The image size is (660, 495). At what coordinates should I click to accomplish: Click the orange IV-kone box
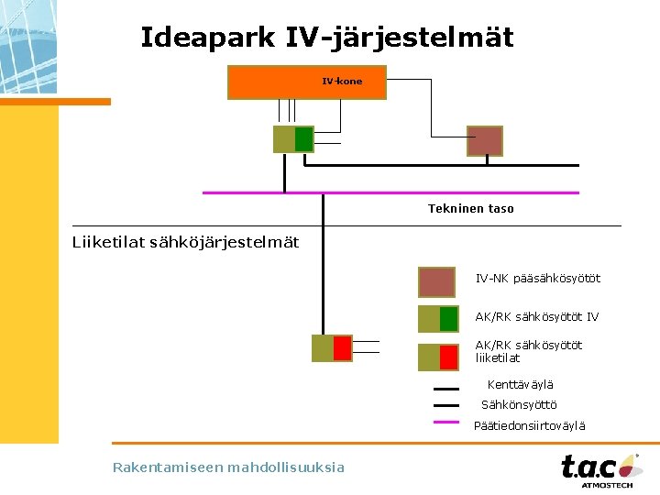pos(307,82)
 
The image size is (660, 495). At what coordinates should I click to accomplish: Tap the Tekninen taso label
pos(470,209)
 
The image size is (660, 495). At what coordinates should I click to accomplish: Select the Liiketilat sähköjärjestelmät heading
pos(185,242)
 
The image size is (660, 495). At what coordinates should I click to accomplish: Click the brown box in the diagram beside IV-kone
pos(485,141)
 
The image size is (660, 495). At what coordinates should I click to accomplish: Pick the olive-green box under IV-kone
pos(293,139)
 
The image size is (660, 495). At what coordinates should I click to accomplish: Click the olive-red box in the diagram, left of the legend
pos(332,348)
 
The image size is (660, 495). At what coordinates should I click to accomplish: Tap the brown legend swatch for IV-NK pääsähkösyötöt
pos(436,281)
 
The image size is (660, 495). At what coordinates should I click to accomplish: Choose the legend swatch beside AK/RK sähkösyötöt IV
pos(437,318)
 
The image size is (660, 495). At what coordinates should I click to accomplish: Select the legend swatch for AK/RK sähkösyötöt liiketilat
pos(437,357)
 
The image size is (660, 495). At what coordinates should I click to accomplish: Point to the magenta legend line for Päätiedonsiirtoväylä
pos(445,423)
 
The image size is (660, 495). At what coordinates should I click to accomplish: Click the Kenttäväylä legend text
pos(520,385)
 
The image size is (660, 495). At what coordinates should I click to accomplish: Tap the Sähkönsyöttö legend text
pos(519,405)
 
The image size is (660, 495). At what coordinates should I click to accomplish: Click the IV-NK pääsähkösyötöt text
pos(537,278)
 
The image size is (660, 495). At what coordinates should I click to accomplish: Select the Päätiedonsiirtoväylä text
pos(529,425)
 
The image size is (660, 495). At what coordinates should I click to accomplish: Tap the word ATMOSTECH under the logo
pos(606,486)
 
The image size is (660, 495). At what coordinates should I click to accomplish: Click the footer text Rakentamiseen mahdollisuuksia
pos(228,467)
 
